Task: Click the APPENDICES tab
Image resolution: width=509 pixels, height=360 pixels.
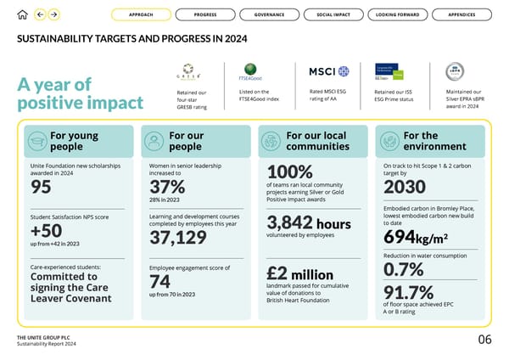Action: point(462,14)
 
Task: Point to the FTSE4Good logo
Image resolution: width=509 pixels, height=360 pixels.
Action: point(252,70)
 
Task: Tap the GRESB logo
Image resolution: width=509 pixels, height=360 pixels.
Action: point(187,71)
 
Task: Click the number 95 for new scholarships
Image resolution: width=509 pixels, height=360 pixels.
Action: point(40,186)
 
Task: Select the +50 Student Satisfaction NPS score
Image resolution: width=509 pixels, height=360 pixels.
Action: point(46,231)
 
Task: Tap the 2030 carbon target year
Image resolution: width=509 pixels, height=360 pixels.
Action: point(404,186)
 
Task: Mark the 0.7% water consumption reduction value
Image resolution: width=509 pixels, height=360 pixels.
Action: point(403,269)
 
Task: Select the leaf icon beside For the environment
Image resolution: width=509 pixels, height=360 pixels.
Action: point(390,140)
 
